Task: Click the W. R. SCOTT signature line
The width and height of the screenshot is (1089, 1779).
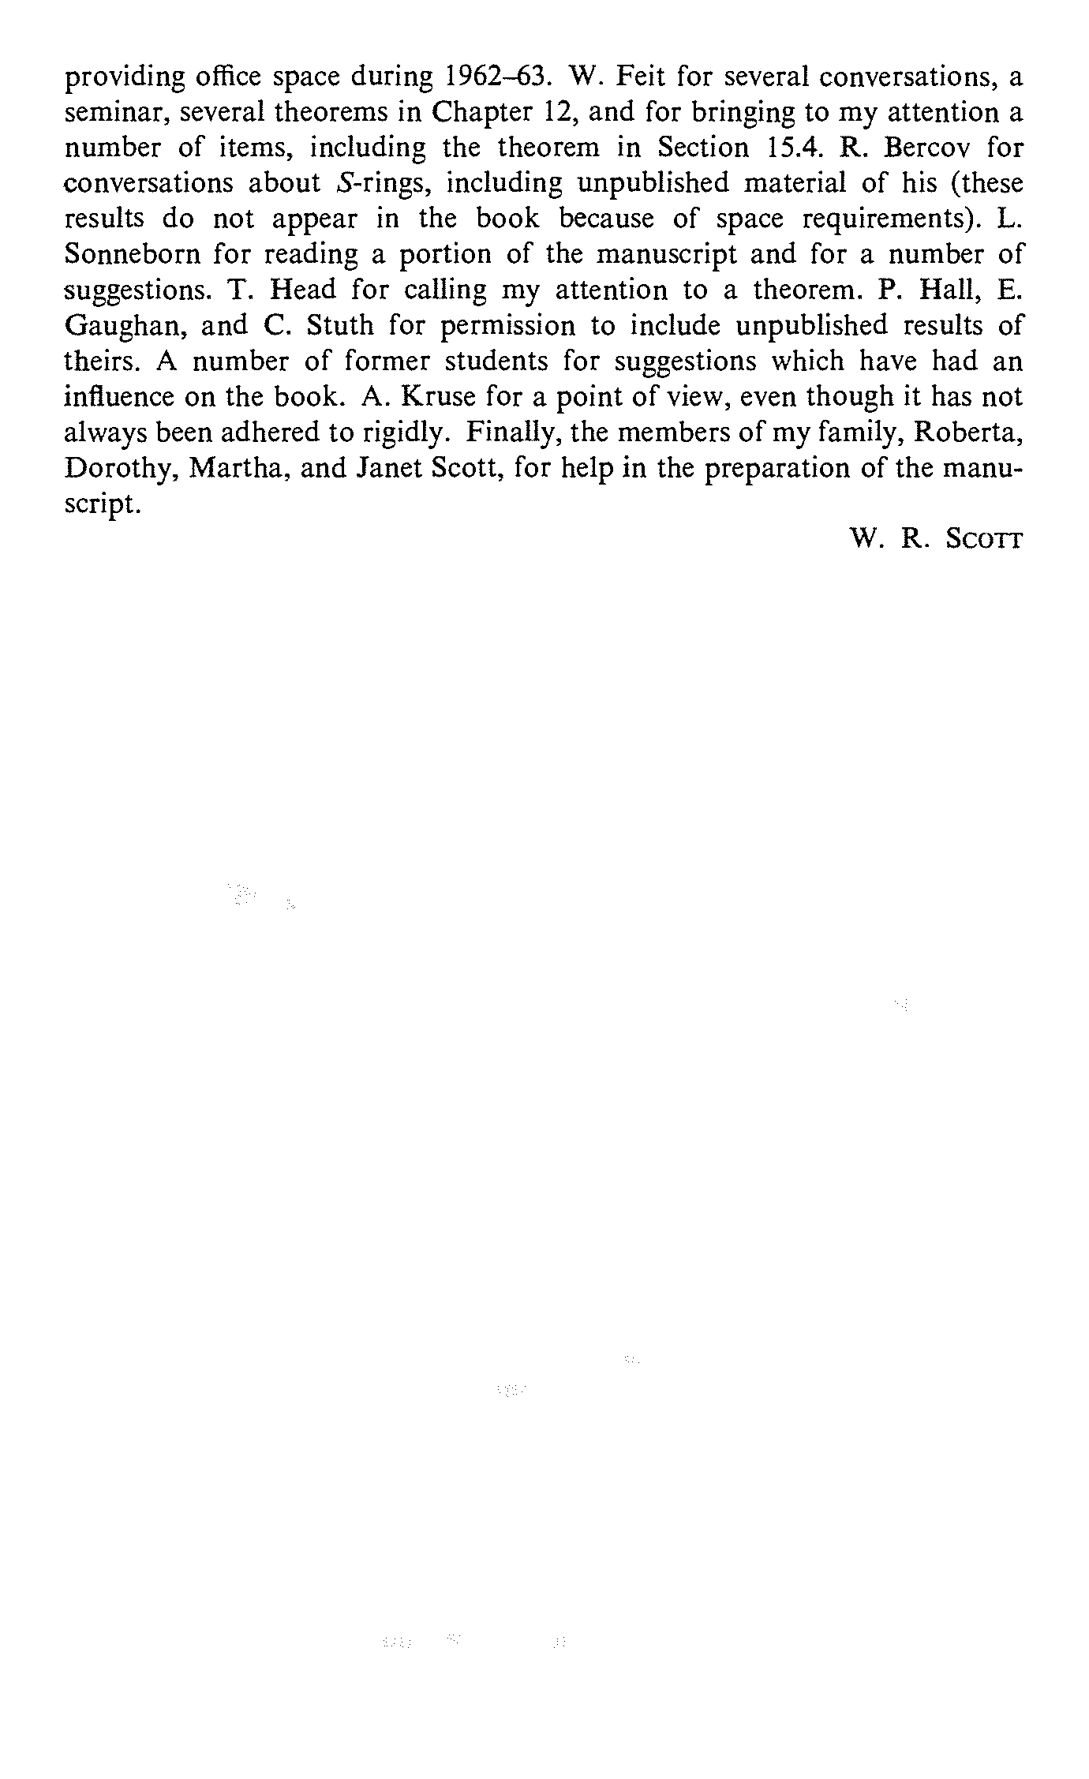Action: (x=935, y=540)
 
